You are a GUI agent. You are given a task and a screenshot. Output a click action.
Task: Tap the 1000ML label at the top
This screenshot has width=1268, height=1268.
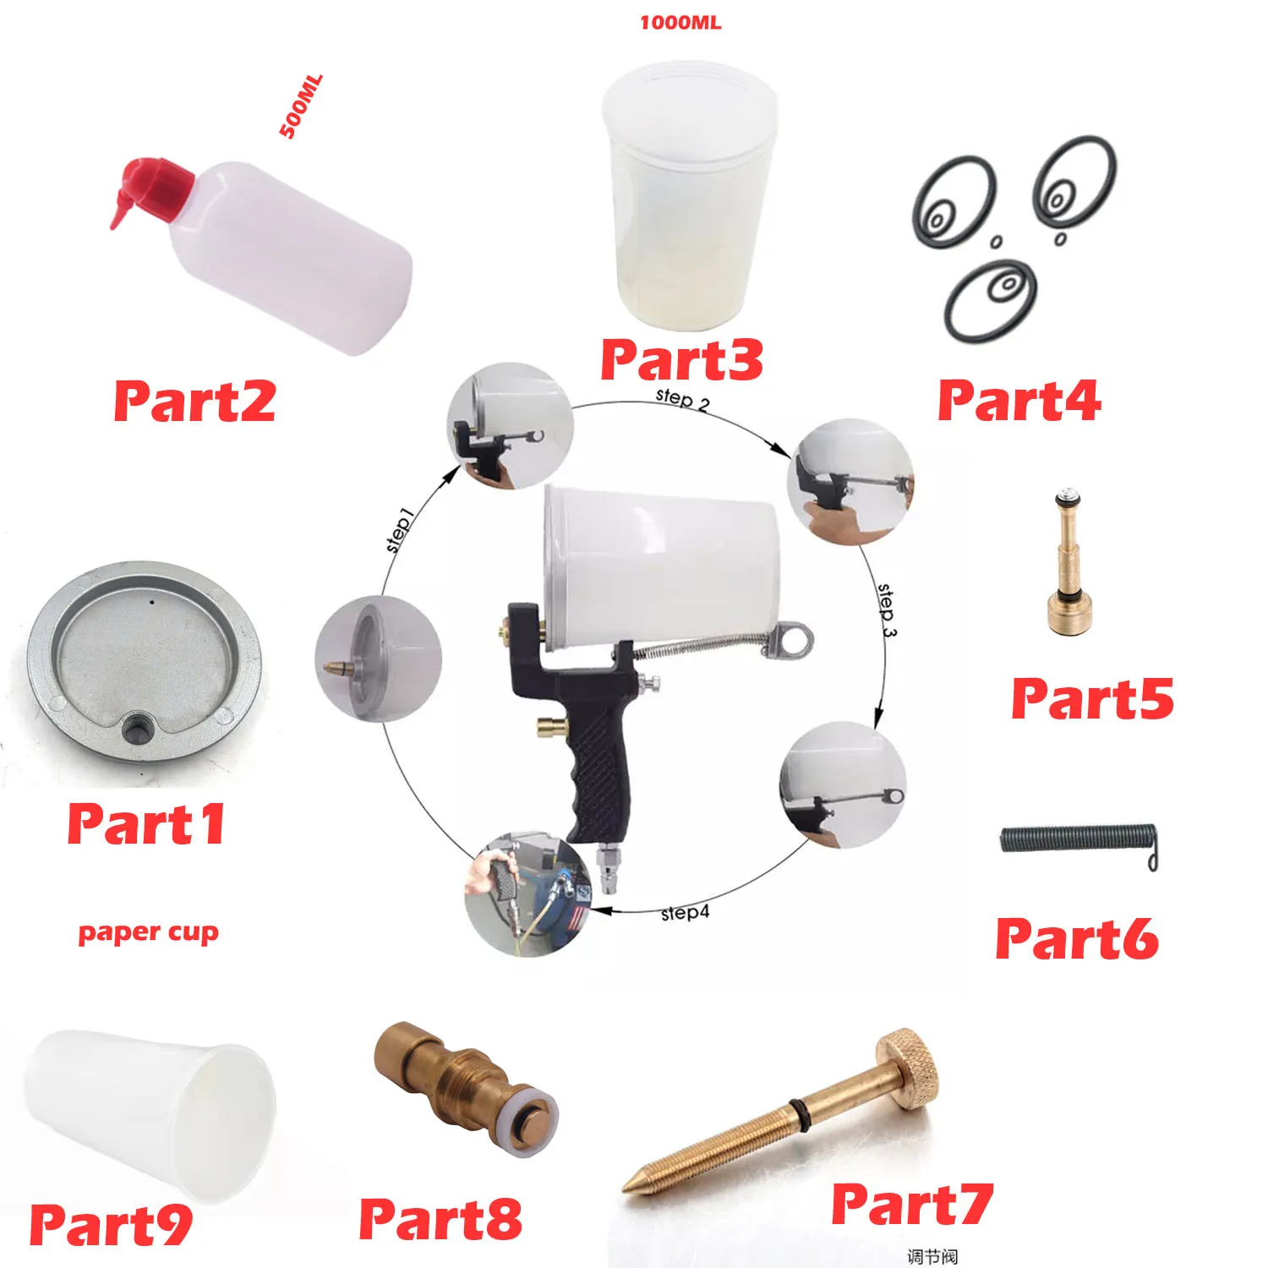[680, 23]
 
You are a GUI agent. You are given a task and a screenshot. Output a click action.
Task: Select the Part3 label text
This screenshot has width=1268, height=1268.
[681, 359]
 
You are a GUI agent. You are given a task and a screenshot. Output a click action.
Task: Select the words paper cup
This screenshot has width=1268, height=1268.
[148, 932]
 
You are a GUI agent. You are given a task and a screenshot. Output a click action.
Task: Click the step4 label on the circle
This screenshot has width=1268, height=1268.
[685, 913]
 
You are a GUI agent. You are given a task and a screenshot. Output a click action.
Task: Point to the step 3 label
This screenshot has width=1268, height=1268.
[886, 609]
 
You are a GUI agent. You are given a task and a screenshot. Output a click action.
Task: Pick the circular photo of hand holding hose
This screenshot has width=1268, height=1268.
[527, 893]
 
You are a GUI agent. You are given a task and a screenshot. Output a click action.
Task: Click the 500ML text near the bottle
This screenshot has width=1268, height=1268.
[301, 107]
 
